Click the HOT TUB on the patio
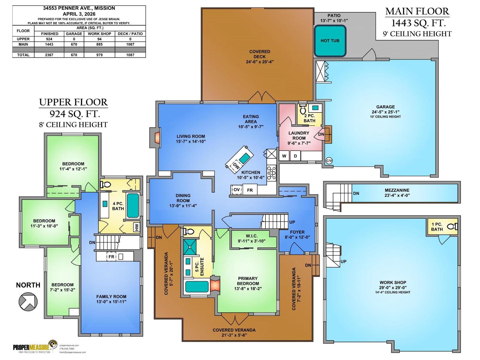[330, 41]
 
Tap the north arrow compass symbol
[28, 301]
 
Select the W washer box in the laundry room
[284, 156]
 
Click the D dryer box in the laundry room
[295, 156]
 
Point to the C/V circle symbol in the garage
[329, 161]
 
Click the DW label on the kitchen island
[236, 166]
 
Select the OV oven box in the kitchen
[237, 190]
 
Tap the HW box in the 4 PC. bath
[137, 227]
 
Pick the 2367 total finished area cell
[49, 55]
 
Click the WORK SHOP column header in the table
[99, 34]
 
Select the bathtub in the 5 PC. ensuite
[197, 286]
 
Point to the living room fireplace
[156, 138]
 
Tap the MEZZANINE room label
[397, 190]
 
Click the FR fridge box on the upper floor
[111, 257]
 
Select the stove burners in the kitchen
[271, 173]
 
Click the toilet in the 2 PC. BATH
[303, 110]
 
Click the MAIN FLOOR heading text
[417, 11]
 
